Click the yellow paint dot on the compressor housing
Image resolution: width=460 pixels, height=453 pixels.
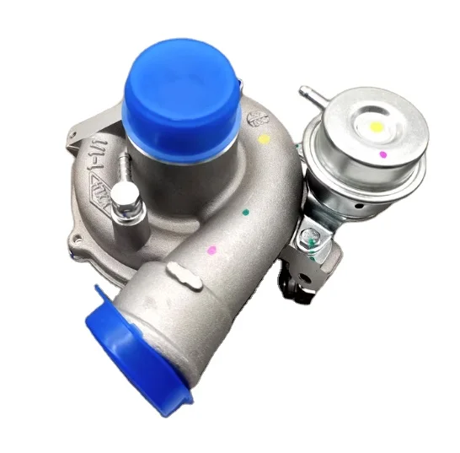[x=264, y=138]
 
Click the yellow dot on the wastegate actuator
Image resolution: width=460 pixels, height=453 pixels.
[x=377, y=127]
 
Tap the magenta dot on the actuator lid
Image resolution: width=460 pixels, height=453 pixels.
[x=383, y=155]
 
